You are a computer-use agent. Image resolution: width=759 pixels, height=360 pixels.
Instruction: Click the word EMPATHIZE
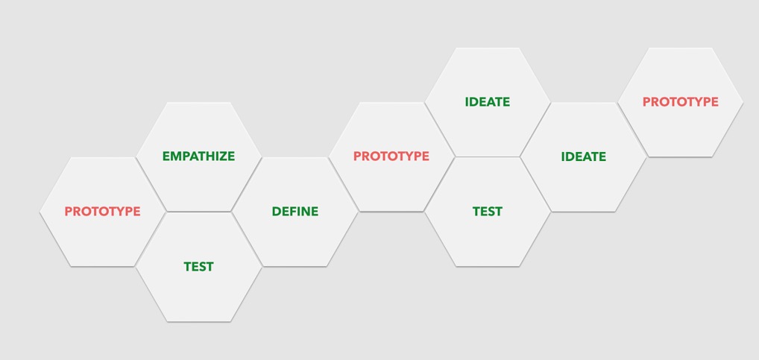pos(198,157)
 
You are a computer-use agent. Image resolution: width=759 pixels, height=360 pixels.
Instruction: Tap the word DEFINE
pos(295,212)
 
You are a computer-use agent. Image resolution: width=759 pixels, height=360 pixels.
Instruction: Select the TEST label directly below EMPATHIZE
pos(198,267)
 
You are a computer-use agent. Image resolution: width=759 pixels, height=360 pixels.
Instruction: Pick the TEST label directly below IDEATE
pos(488,212)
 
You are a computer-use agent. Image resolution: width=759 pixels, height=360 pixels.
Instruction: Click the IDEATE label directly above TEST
pos(488,102)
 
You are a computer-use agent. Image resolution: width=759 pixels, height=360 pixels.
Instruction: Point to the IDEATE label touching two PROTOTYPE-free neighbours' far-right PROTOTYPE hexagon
pos(583,157)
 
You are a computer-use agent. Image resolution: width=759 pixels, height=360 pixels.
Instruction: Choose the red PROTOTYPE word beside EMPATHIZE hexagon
pos(103,212)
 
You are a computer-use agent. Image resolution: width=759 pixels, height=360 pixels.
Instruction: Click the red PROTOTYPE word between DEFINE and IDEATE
pos(391,157)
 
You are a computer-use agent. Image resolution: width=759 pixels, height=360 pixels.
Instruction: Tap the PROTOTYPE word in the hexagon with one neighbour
pos(680,102)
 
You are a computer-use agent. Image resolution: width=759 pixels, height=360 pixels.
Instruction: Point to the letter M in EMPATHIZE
pos(176,157)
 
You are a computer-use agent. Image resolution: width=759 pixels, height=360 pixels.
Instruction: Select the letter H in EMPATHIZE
pos(210,157)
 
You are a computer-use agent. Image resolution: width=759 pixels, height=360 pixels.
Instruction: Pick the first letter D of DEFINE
pos(276,212)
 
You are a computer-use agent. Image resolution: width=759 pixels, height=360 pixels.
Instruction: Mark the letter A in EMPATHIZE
pos(192,157)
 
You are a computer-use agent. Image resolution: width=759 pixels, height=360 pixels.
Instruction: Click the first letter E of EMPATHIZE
pos(166,157)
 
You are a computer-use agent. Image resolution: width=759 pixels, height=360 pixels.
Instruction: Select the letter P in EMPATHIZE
pos(186,157)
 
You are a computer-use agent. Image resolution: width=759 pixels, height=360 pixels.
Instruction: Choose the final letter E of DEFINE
pos(315,212)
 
